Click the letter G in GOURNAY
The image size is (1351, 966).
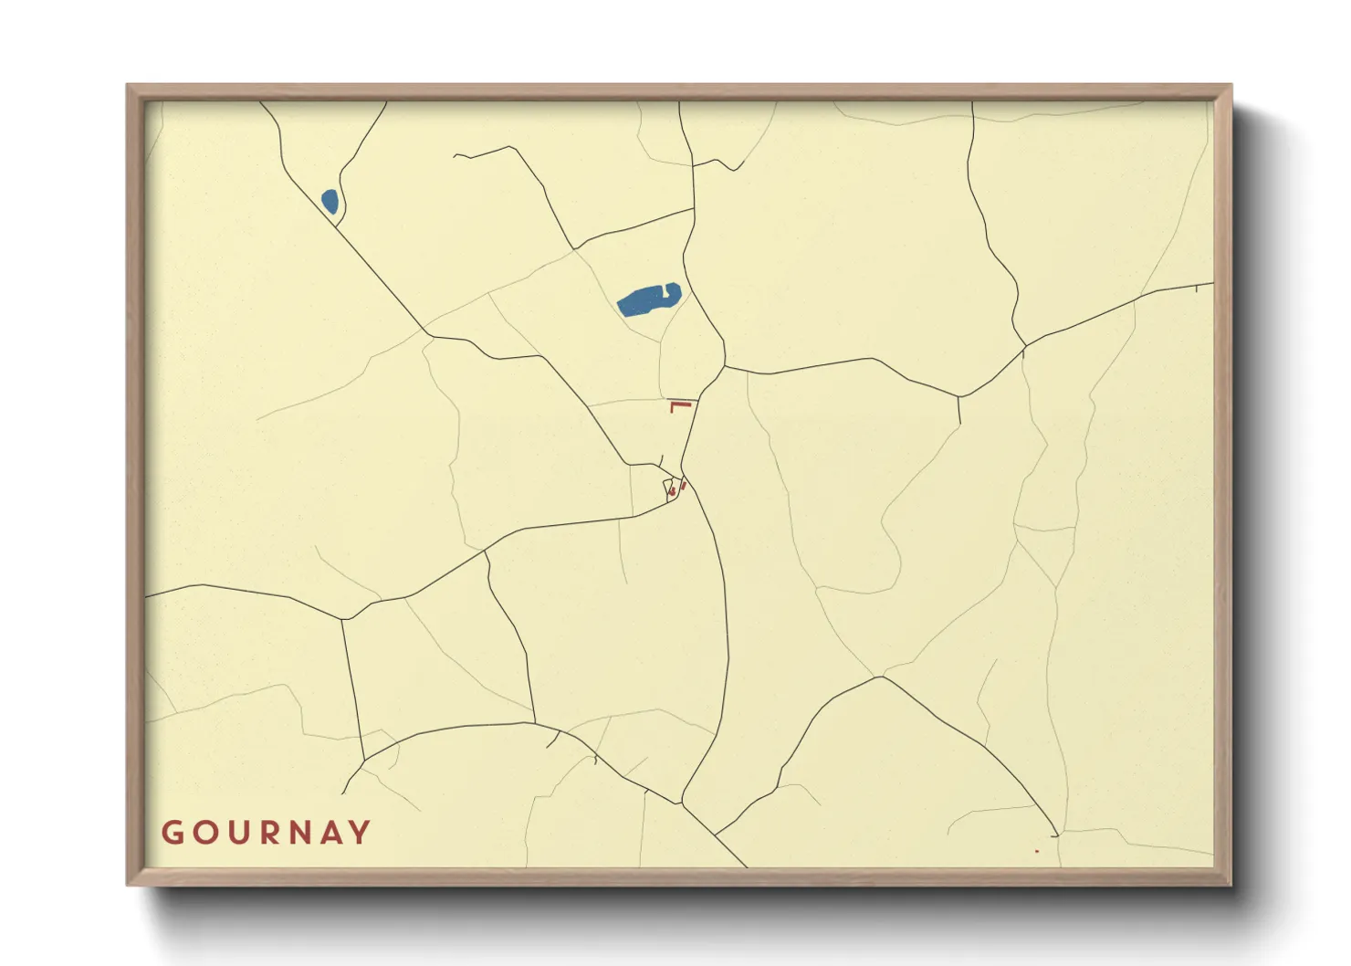tap(173, 833)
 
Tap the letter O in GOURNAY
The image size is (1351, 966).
tap(205, 833)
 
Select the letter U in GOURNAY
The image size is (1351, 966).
tap(238, 833)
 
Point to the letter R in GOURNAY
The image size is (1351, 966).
tap(269, 833)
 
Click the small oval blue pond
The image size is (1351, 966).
tap(330, 201)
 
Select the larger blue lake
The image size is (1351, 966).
tap(646, 299)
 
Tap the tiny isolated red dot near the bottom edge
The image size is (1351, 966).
tap(1037, 851)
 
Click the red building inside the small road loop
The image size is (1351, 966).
tap(673, 492)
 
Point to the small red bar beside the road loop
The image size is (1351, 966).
tap(684, 486)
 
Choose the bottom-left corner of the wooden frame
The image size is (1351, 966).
tap(129, 884)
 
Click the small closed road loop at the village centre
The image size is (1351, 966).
tap(669, 488)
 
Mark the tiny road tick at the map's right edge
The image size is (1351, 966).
tap(1196, 289)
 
